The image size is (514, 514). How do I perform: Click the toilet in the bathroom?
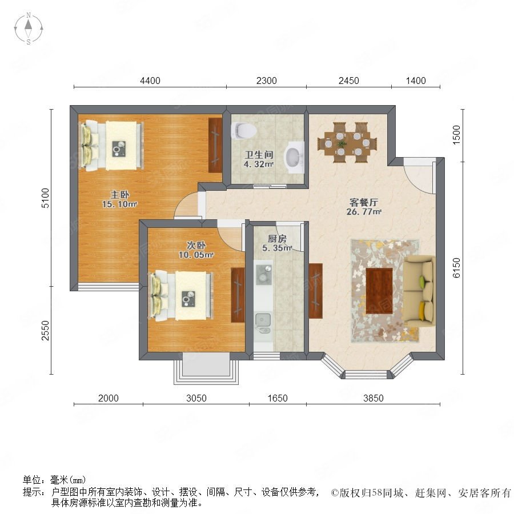243,130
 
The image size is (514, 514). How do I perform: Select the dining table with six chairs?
347,143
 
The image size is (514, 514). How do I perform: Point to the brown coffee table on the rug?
379,291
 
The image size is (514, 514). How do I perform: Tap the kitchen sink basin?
263,323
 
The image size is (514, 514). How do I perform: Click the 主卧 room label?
120,194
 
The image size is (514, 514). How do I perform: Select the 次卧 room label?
196,245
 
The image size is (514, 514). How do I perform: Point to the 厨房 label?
277,238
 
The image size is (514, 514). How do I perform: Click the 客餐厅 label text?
364,202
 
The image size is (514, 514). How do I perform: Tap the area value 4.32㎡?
259,164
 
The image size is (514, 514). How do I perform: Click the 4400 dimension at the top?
150,81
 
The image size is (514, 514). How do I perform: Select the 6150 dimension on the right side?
456,268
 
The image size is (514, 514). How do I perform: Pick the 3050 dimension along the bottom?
196,398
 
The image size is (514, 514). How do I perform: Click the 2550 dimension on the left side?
45,331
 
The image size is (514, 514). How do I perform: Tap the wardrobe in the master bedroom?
215,145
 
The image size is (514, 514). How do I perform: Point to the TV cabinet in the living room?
315,291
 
